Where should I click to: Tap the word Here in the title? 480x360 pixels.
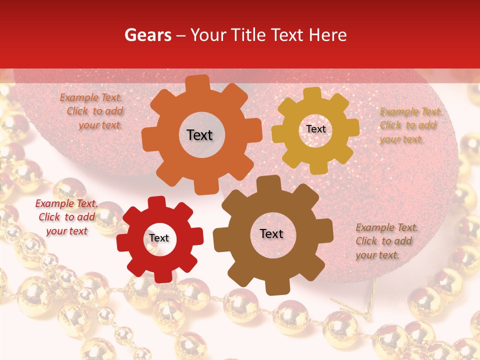click(x=327, y=35)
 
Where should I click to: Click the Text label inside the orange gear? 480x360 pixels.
click(x=199, y=135)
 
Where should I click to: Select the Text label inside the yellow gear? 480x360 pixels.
click(x=315, y=129)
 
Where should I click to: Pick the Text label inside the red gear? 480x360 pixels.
click(x=159, y=238)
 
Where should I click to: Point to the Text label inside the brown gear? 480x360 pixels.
click(x=271, y=233)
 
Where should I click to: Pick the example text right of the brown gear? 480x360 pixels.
click(x=385, y=241)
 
